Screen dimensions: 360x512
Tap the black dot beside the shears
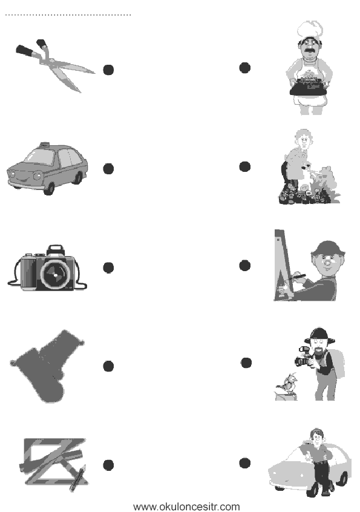108,70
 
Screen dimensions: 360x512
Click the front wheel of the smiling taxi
49,188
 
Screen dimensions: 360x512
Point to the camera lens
56,275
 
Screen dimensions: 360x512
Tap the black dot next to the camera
108,267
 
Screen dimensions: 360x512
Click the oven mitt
47,366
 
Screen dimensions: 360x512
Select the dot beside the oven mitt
108,366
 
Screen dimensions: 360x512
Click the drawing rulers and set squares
54,464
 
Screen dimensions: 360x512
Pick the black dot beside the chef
245,68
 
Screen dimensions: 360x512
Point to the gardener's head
304,139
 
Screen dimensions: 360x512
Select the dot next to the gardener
245,166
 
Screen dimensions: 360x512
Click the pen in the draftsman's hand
296,277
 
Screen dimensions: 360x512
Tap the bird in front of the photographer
288,383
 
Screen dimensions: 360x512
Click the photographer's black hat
319,335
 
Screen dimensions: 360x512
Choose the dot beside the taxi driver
245,463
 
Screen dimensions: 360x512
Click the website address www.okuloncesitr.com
187,507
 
